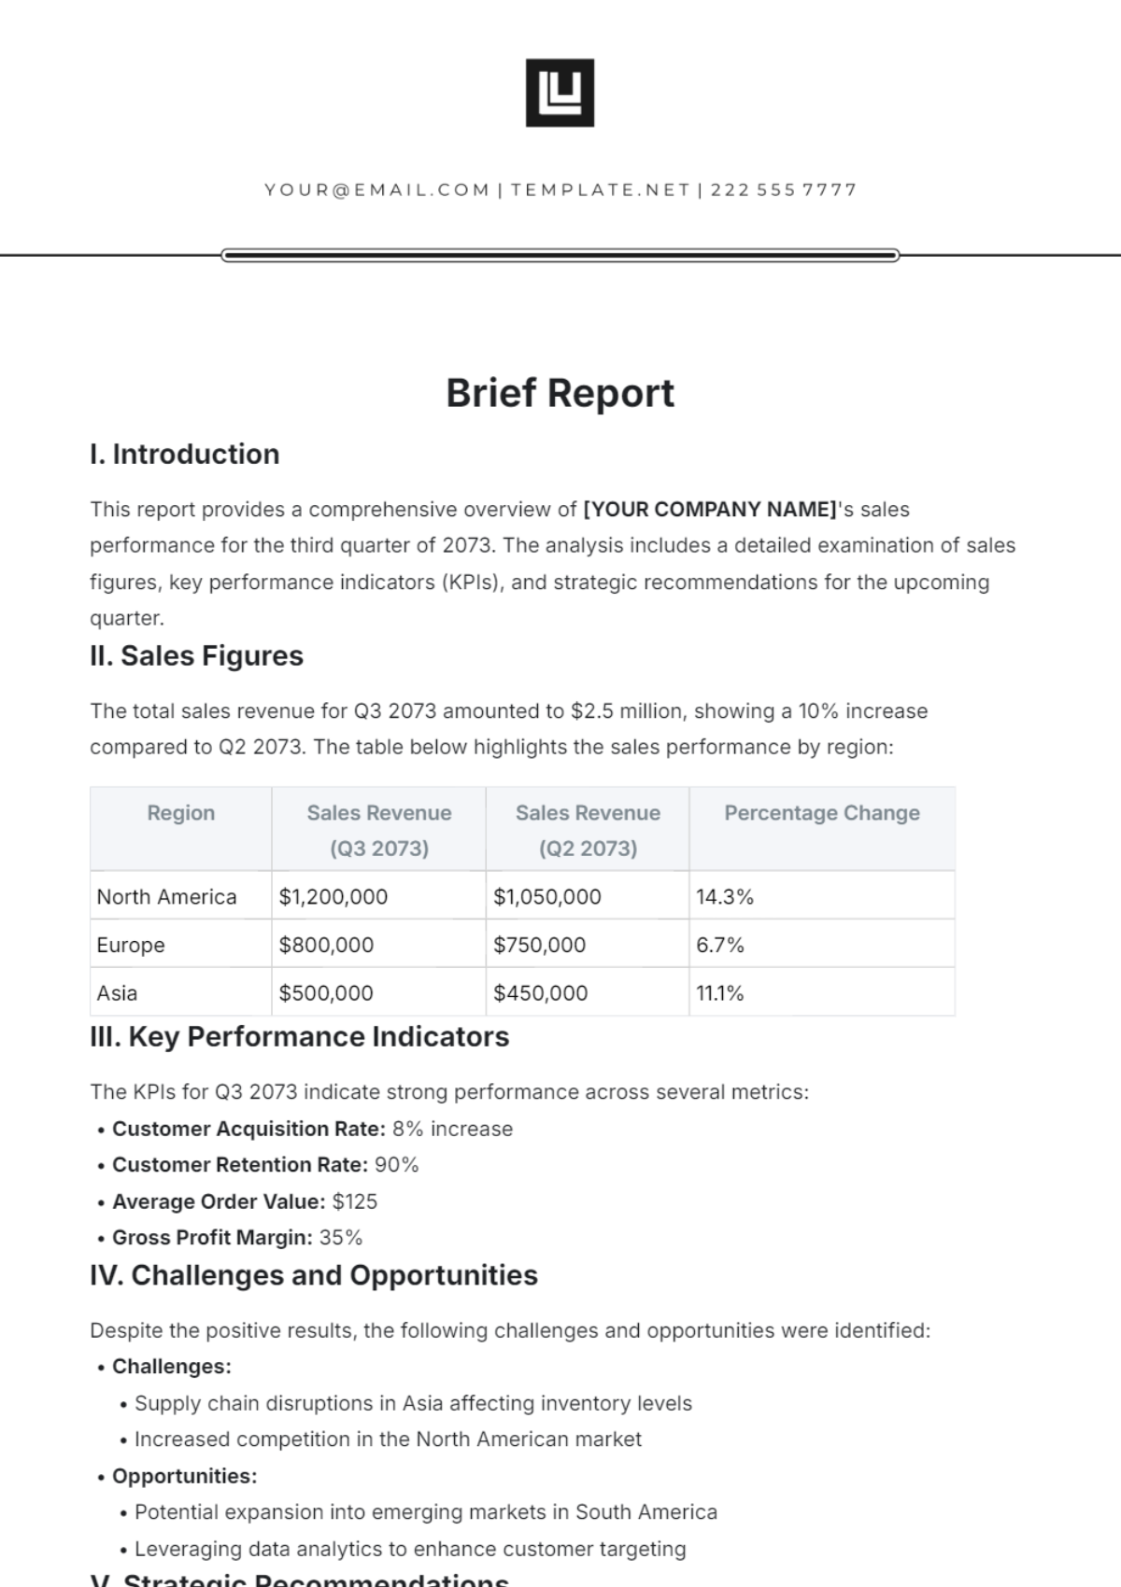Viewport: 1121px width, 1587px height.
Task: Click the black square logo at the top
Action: [560, 92]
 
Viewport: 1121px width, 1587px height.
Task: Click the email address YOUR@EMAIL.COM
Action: [376, 190]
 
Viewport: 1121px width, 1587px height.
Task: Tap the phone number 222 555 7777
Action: [783, 190]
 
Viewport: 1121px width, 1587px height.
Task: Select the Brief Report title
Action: [560, 393]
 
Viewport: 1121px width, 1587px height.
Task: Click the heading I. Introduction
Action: [185, 455]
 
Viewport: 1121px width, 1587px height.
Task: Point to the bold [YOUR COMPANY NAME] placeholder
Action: [710, 510]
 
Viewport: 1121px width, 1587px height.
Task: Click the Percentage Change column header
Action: [821, 813]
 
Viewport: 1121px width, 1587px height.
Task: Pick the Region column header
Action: [180, 813]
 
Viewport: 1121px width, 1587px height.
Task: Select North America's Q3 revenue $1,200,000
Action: [333, 897]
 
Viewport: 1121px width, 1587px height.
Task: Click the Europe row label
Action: [131, 945]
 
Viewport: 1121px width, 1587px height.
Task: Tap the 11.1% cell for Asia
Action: [719, 993]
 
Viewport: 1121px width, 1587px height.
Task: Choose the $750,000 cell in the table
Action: [539, 945]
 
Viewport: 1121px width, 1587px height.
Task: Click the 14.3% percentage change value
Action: [724, 897]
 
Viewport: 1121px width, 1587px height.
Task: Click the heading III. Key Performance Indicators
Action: [299, 1037]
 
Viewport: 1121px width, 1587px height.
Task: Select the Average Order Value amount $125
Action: [355, 1201]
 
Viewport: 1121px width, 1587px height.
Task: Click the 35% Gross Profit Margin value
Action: [340, 1238]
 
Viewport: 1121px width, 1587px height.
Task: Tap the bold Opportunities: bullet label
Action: [184, 1476]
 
